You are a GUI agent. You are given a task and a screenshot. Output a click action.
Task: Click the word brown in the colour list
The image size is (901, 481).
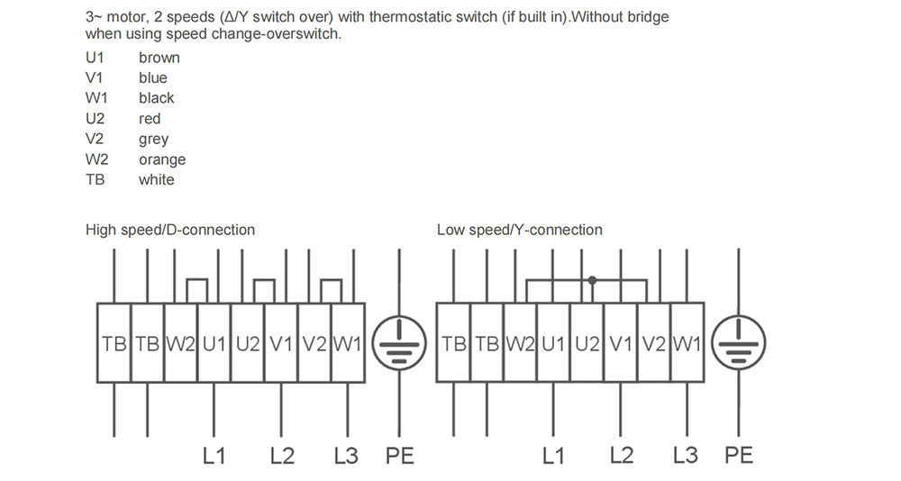(x=159, y=58)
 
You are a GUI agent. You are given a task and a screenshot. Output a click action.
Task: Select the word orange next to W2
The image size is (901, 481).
(x=162, y=159)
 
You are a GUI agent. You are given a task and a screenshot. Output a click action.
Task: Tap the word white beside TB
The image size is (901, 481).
(x=156, y=180)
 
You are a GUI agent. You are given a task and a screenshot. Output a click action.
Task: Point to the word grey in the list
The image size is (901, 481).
(x=153, y=140)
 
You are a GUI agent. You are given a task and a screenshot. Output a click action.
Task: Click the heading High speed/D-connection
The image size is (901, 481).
(x=170, y=230)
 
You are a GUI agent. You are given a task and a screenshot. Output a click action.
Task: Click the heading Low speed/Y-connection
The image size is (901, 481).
(x=520, y=230)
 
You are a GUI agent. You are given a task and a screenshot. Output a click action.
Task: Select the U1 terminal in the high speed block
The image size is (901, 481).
(x=214, y=343)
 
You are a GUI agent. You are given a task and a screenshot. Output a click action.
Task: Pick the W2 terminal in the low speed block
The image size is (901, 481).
(x=520, y=343)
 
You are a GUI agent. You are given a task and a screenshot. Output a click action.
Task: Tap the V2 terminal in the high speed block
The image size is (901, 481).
(x=314, y=343)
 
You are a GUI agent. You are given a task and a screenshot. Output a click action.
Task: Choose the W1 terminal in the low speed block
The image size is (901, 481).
(x=687, y=343)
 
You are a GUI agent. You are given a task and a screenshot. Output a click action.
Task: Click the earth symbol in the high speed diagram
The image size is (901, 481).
(x=399, y=343)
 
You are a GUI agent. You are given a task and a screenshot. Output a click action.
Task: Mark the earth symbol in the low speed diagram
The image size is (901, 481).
(x=739, y=343)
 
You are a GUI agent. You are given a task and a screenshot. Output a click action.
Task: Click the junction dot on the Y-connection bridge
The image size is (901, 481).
(x=592, y=280)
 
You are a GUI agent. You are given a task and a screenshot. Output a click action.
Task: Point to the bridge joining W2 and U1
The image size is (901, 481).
(x=197, y=280)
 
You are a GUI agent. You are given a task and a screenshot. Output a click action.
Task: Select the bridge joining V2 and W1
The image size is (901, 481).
(x=331, y=280)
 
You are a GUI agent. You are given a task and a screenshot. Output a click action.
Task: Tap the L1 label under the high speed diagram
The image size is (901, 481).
(x=214, y=456)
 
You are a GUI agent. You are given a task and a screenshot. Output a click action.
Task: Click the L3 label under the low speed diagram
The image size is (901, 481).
(x=686, y=455)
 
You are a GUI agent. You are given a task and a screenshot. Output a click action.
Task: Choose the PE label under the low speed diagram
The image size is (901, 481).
(x=739, y=455)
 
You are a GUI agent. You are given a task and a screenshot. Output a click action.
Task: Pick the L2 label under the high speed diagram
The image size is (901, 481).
(x=282, y=456)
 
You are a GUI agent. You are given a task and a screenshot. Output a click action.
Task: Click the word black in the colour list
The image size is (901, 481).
(x=156, y=98)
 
